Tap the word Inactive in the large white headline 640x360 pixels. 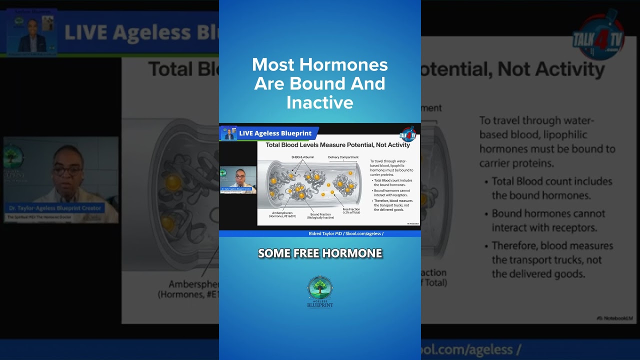(319, 102)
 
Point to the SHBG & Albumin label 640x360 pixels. (302, 157)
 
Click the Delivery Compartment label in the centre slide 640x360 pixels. (343, 157)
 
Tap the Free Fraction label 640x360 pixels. (351, 210)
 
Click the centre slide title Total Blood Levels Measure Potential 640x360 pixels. (337, 145)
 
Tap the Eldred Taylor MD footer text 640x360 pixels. (346, 233)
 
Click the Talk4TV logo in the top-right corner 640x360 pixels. (598, 37)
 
